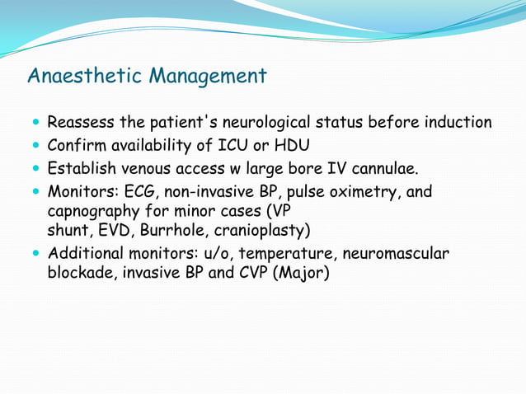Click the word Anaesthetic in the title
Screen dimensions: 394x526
click(85, 77)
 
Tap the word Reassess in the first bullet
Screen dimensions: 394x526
click(81, 123)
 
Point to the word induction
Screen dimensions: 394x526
click(458, 123)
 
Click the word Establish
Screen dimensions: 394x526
click(81, 170)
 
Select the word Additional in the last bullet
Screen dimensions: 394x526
click(82, 254)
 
